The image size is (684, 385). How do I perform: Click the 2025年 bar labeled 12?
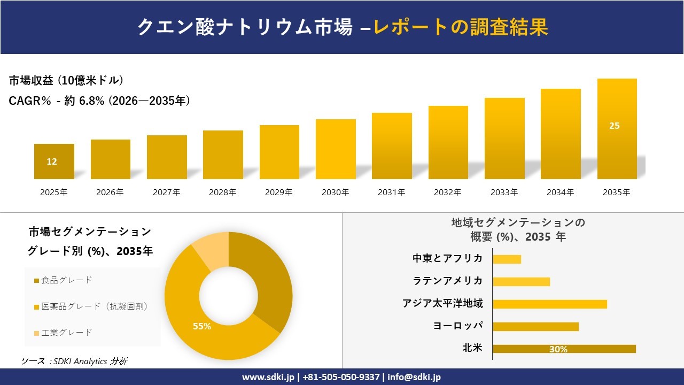pyautogui.click(x=54, y=161)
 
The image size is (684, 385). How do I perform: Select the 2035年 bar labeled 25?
pyautogui.click(x=617, y=128)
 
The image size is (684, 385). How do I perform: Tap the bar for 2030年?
pyautogui.click(x=336, y=149)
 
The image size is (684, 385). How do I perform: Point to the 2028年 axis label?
pyautogui.click(x=222, y=192)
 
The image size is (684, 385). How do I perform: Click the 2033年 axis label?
pyautogui.click(x=504, y=192)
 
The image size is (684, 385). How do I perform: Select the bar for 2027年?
pyautogui.click(x=167, y=157)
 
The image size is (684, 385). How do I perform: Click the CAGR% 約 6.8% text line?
pyautogui.click(x=99, y=101)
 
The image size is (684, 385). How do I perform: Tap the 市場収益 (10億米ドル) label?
pyautogui.click(x=66, y=81)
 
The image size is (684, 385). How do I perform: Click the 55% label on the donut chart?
pyautogui.click(x=202, y=326)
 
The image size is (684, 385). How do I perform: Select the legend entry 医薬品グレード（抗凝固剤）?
pyautogui.click(x=91, y=306)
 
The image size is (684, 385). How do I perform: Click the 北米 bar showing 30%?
pyautogui.click(x=564, y=349)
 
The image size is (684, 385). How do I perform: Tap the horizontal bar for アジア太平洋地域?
pyautogui.click(x=549, y=304)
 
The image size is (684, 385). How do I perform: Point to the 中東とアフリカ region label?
pyautogui.click(x=447, y=259)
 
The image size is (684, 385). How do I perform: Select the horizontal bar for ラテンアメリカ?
pyautogui.click(x=521, y=281)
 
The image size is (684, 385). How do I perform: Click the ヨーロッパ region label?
pyautogui.click(x=458, y=326)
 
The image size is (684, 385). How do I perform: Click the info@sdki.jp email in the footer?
pyautogui.click(x=414, y=377)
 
